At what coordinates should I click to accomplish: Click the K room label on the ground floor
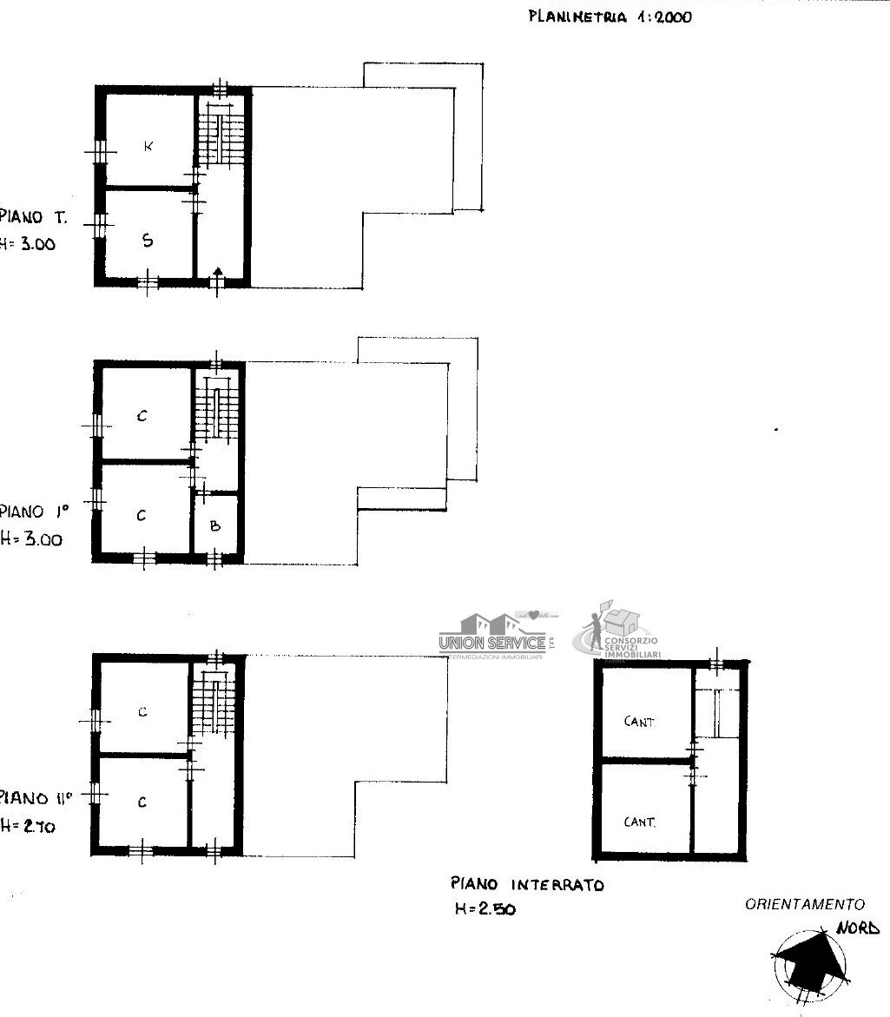click(148, 146)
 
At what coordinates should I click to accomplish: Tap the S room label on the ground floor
click(148, 241)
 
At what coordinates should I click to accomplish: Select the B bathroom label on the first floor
click(215, 525)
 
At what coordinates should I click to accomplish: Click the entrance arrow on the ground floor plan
click(217, 275)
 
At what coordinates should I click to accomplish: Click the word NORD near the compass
click(857, 928)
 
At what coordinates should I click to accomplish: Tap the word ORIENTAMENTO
click(805, 904)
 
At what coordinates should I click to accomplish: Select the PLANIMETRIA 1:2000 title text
click(610, 17)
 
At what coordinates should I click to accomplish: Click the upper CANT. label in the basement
click(640, 722)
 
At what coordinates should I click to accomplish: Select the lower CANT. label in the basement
click(640, 822)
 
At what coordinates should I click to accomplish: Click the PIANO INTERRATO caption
click(526, 885)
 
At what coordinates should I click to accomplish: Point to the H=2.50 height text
click(485, 909)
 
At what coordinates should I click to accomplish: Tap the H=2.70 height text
click(28, 827)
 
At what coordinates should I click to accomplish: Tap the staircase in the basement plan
click(720, 712)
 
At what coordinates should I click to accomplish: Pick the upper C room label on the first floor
click(142, 416)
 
